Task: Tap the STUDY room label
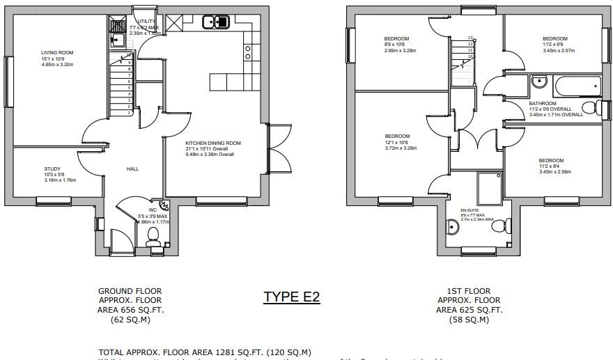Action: pyautogui.click(x=53, y=169)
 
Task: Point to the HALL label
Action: pyautogui.click(x=132, y=169)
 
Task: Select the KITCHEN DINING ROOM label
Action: pyautogui.click(x=212, y=143)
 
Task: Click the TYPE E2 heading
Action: pyautogui.click(x=291, y=297)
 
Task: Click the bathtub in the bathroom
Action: pyautogui.click(x=575, y=87)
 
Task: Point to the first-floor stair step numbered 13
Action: pyautogui.click(x=470, y=38)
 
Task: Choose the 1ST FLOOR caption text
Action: pyautogui.click(x=469, y=291)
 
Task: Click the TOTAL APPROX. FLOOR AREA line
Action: pyautogui.click(x=205, y=352)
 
